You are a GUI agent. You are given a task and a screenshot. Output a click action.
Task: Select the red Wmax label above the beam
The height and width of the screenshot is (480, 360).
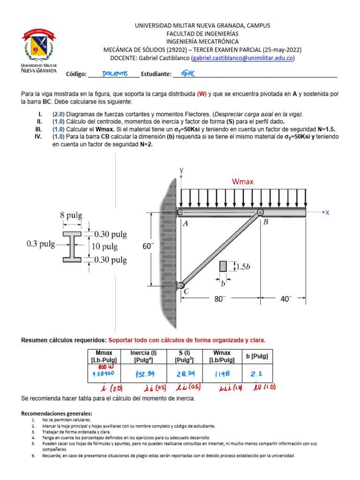[242, 181]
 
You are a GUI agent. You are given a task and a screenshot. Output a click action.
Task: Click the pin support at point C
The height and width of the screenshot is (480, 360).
[181, 285]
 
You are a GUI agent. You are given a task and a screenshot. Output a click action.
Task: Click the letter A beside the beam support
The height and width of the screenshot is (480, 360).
[185, 224]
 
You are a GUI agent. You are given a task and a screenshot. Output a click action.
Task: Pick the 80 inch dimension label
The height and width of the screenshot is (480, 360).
[220, 299]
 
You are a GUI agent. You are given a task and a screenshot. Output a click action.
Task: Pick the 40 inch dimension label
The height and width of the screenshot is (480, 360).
[285, 299]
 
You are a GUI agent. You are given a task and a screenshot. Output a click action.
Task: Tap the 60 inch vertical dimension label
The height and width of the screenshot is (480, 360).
[149, 246]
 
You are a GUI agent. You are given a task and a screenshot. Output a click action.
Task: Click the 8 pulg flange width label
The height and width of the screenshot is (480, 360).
[71, 216]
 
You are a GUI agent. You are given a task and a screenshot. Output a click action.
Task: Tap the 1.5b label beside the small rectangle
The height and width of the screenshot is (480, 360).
[243, 267]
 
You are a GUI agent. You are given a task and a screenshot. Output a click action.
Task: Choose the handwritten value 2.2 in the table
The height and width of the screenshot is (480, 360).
[256, 374]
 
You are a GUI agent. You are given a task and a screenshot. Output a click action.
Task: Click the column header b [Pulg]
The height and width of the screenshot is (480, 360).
[256, 356]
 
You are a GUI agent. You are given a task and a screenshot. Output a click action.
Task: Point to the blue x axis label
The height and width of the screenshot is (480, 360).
[327, 212]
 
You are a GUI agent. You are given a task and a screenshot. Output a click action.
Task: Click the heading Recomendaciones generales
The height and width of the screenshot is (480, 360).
[57, 414]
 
